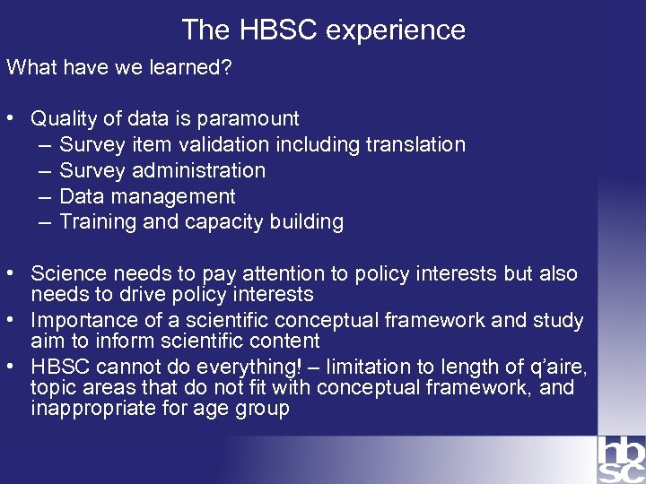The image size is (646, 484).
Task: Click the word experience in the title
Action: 396,30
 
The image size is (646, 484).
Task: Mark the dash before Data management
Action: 45,196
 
